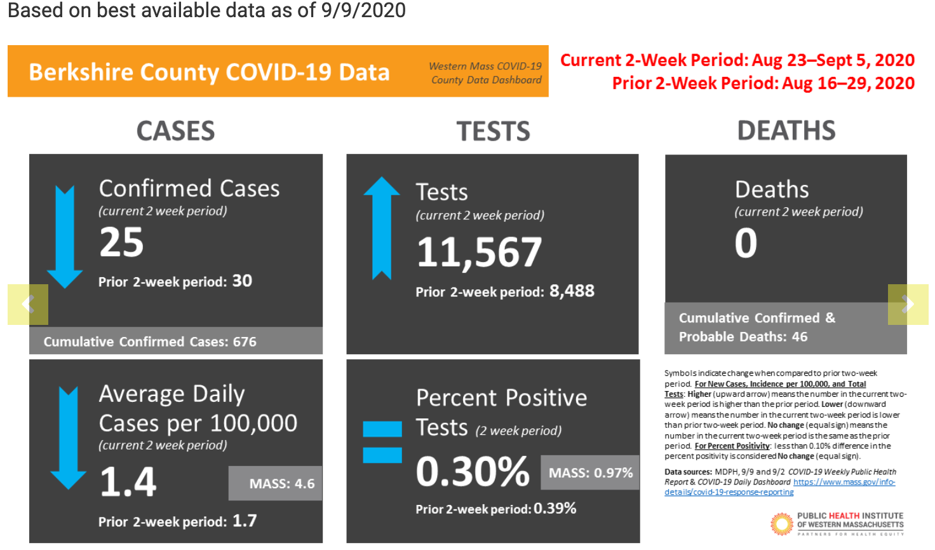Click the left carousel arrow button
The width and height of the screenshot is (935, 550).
[x=28, y=305]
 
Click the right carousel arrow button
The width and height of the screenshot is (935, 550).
[x=908, y=305]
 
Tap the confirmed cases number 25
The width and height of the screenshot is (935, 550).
[x=121, y=243]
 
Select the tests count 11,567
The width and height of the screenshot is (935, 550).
[x=479, y=252]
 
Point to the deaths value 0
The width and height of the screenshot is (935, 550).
[x=746, y=243]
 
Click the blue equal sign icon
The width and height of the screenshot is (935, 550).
[x=382, y=442]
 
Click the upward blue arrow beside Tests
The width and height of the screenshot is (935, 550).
[x=381, y=228]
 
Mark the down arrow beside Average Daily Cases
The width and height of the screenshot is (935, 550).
[x=68, y=437]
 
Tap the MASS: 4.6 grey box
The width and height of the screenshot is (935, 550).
[x=276, y=483]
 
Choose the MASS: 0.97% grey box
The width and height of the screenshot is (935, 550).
[x=590, y=472]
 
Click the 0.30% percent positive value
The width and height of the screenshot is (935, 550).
[x=473, y=472]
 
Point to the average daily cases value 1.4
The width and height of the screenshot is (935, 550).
[x=128, y=482]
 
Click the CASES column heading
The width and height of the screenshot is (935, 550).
[x=176, y=131]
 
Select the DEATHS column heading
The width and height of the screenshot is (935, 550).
[x=786, y=130]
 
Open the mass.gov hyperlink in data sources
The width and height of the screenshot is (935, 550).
[x=844, y=482]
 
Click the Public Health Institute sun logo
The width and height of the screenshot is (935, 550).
[x=781, y=524]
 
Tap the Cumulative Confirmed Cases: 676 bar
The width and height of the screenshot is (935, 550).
[x=150, y=341]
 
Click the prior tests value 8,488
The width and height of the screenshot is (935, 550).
[x=572, y=291]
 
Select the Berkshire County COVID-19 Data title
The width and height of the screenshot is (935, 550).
[x=209, y=72]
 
